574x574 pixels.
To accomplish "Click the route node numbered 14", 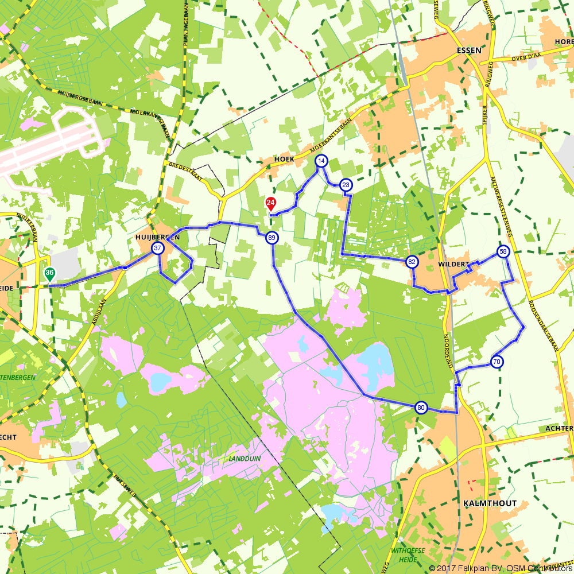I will tap(321, 161).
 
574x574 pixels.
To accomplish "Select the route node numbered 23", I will tap(346, 185).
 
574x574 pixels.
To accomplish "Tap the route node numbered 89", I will tap(272, 238).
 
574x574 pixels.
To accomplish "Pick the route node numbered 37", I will tap(157, 248).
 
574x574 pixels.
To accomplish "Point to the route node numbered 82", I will tap(412, 262).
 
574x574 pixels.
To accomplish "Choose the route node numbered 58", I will tap(503, 252).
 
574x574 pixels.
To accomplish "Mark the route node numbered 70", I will tap(497, 362).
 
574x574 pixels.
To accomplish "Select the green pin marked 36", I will tap(50, 274).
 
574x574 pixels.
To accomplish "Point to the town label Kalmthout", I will tap(489, 503).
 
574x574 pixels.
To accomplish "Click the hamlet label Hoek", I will tap(284, 159).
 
